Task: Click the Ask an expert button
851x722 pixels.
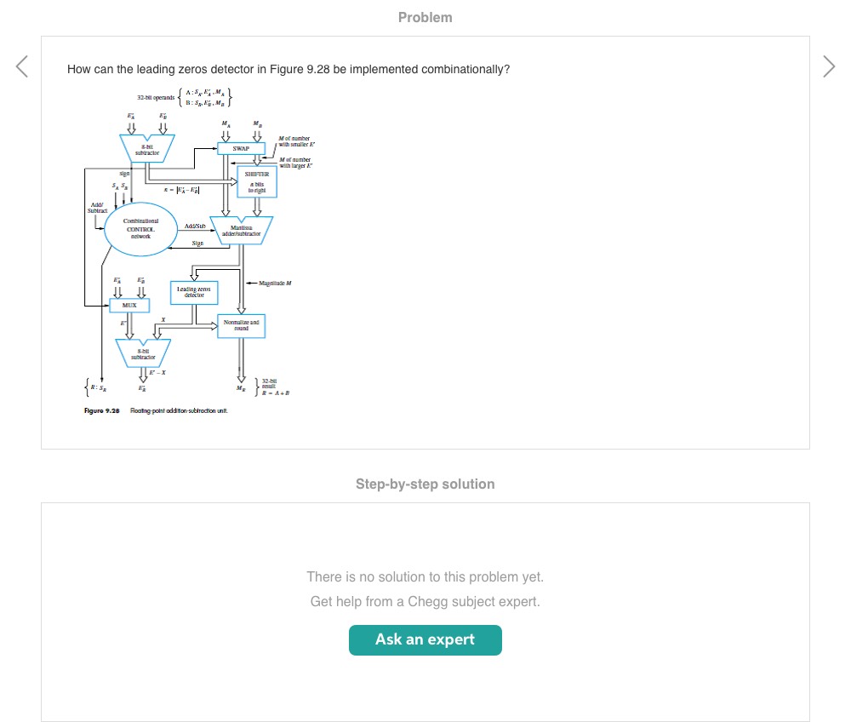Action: click(425, 639)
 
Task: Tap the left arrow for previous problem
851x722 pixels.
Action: click(22, 66)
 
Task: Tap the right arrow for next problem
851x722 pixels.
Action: click(829, 66)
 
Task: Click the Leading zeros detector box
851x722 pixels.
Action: click(193, 292)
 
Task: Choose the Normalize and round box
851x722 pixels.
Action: click(241, 325)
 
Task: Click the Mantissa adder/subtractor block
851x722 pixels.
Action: click(241, 230)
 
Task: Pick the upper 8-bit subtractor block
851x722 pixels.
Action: click(147, 148)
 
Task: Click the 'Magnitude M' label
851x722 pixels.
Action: click(275, 282)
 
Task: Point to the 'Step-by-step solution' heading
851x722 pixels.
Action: click(425, 484)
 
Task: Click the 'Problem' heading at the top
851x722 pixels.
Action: click(425, 17)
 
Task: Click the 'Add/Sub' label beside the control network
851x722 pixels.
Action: click(195, 226)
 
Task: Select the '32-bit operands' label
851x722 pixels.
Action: click(152, 98)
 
